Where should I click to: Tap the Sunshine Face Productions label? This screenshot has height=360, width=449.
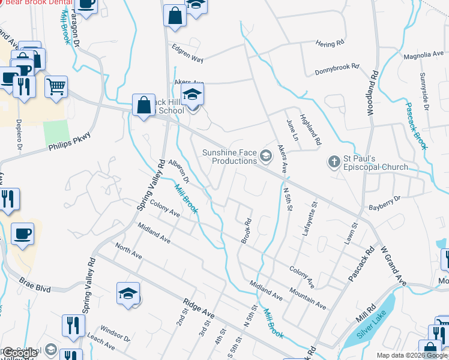pos(229,157)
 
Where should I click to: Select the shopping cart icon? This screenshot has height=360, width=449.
pos(56,86)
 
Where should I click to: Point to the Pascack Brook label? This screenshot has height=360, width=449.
pos(416,127)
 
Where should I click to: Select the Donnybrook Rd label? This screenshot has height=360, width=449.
pos(337,70)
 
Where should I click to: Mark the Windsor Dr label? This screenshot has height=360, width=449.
pos(115,331)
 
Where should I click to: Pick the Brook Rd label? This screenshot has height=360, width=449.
pos(246,230)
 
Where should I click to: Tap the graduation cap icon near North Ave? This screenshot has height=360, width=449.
pos(128,294)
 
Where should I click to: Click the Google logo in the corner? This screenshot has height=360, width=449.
pos(20,353)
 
